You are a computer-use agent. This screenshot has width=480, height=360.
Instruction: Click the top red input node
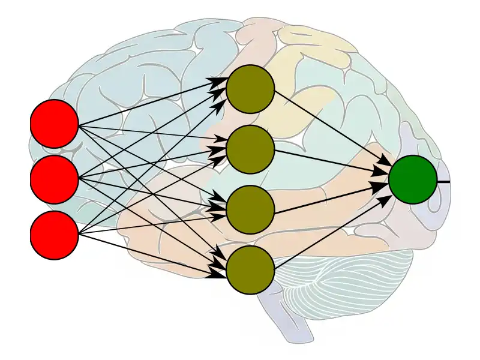pyautogui.click(x=55, y=124)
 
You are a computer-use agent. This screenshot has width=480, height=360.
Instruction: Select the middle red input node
pyautogui.click(x=55, y=179)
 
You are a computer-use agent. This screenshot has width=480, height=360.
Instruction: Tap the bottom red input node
pyautogui.click(x=55, y=235)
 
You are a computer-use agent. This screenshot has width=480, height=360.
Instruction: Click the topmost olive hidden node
pyautogui.click(x=250, y=89)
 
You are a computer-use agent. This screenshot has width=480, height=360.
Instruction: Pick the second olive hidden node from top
pyautogui.click(x=250, y=149)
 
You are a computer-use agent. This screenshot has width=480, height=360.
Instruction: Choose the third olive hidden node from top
pyautogui.click(x=250, y=209)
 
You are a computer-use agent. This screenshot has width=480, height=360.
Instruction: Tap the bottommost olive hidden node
pyautogui.click(x=250, y=270)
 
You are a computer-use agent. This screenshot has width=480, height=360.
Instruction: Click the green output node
pyautogui.click(x=413, y=179)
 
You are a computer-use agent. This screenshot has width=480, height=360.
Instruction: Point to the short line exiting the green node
pyautogui.click(x=443, y=181)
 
